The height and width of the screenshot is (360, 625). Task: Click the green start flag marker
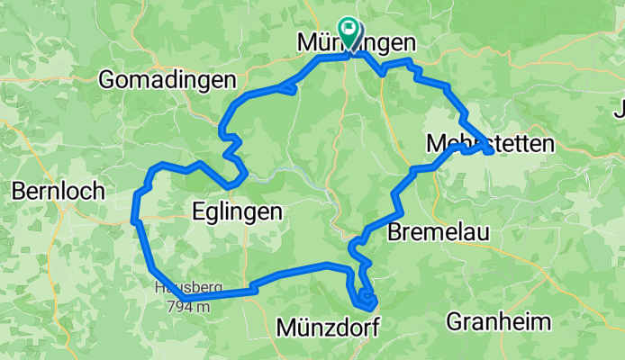tap(348, 31)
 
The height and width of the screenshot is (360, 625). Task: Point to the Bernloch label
tap(58, 191)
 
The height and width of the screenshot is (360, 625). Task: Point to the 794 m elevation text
tap(187, 306)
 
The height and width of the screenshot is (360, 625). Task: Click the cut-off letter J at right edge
tap(619, 112)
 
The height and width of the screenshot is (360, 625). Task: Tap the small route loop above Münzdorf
tap(364, 296)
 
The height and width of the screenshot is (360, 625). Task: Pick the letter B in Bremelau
tap(394, 233)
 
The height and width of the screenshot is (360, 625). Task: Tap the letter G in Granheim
tap(454, 321)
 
